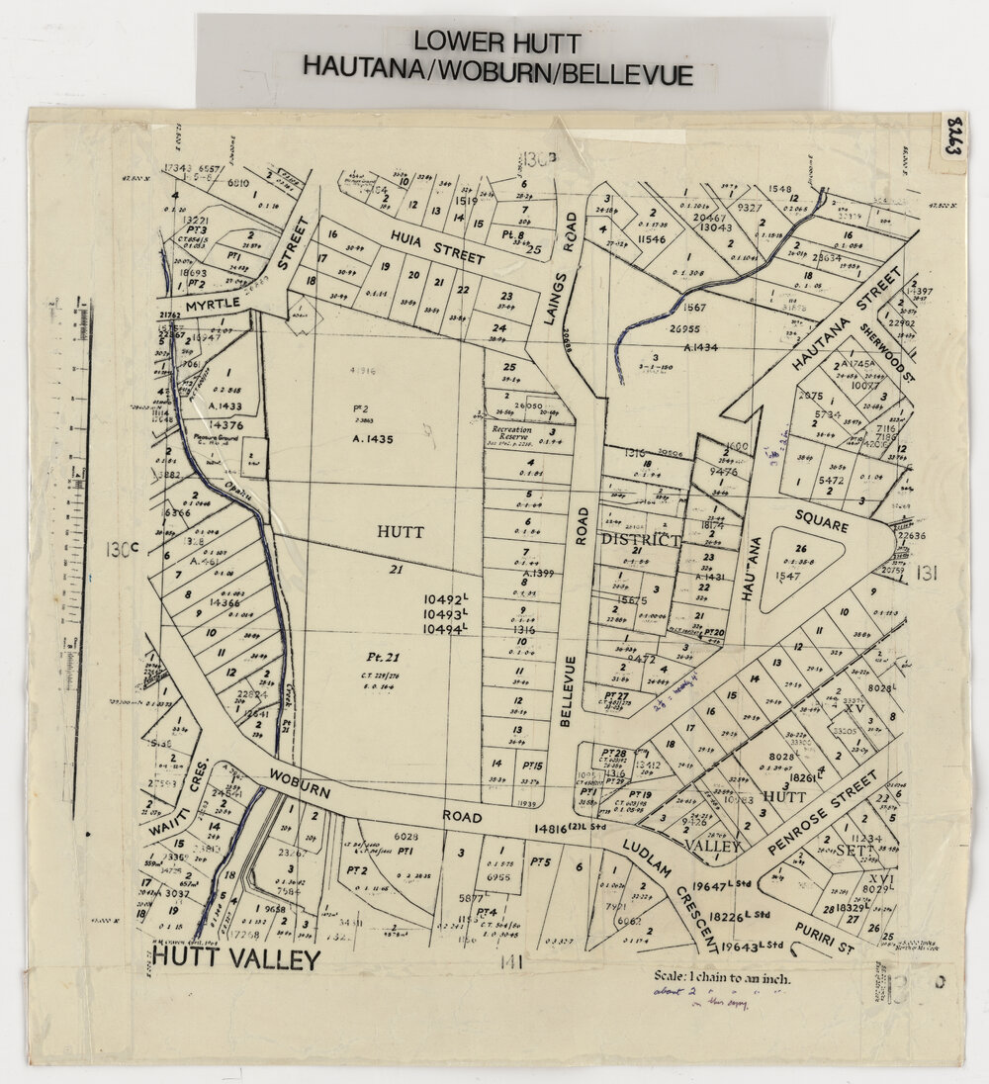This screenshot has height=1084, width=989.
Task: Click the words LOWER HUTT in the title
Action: tap(496, 41)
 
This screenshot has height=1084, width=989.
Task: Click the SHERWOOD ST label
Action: tap(878, 348)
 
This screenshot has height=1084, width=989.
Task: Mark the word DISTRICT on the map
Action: tap(640, 540)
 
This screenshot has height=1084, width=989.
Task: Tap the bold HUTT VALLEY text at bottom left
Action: tap(237, 958)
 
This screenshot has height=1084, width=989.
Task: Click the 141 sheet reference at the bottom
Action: tap(510, 961)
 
